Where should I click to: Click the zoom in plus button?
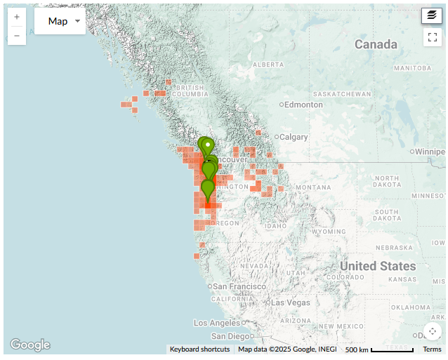pos(17,16)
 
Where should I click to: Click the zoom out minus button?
pos(17,35)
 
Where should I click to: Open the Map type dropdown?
pos(60,22)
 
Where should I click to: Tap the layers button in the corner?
pos(432,15)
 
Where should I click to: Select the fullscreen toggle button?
pos(432,37)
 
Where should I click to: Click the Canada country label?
pos(376,45)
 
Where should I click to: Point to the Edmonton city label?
pos(303,105)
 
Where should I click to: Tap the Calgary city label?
pos(294,137)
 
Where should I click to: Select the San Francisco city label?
pos(239,286)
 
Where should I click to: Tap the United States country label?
pos(378,266)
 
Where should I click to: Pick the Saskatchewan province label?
pos(342,94)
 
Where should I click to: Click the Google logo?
pos(30,345)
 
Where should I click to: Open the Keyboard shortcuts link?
pos(199,349)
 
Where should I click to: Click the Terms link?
pos(432,349)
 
